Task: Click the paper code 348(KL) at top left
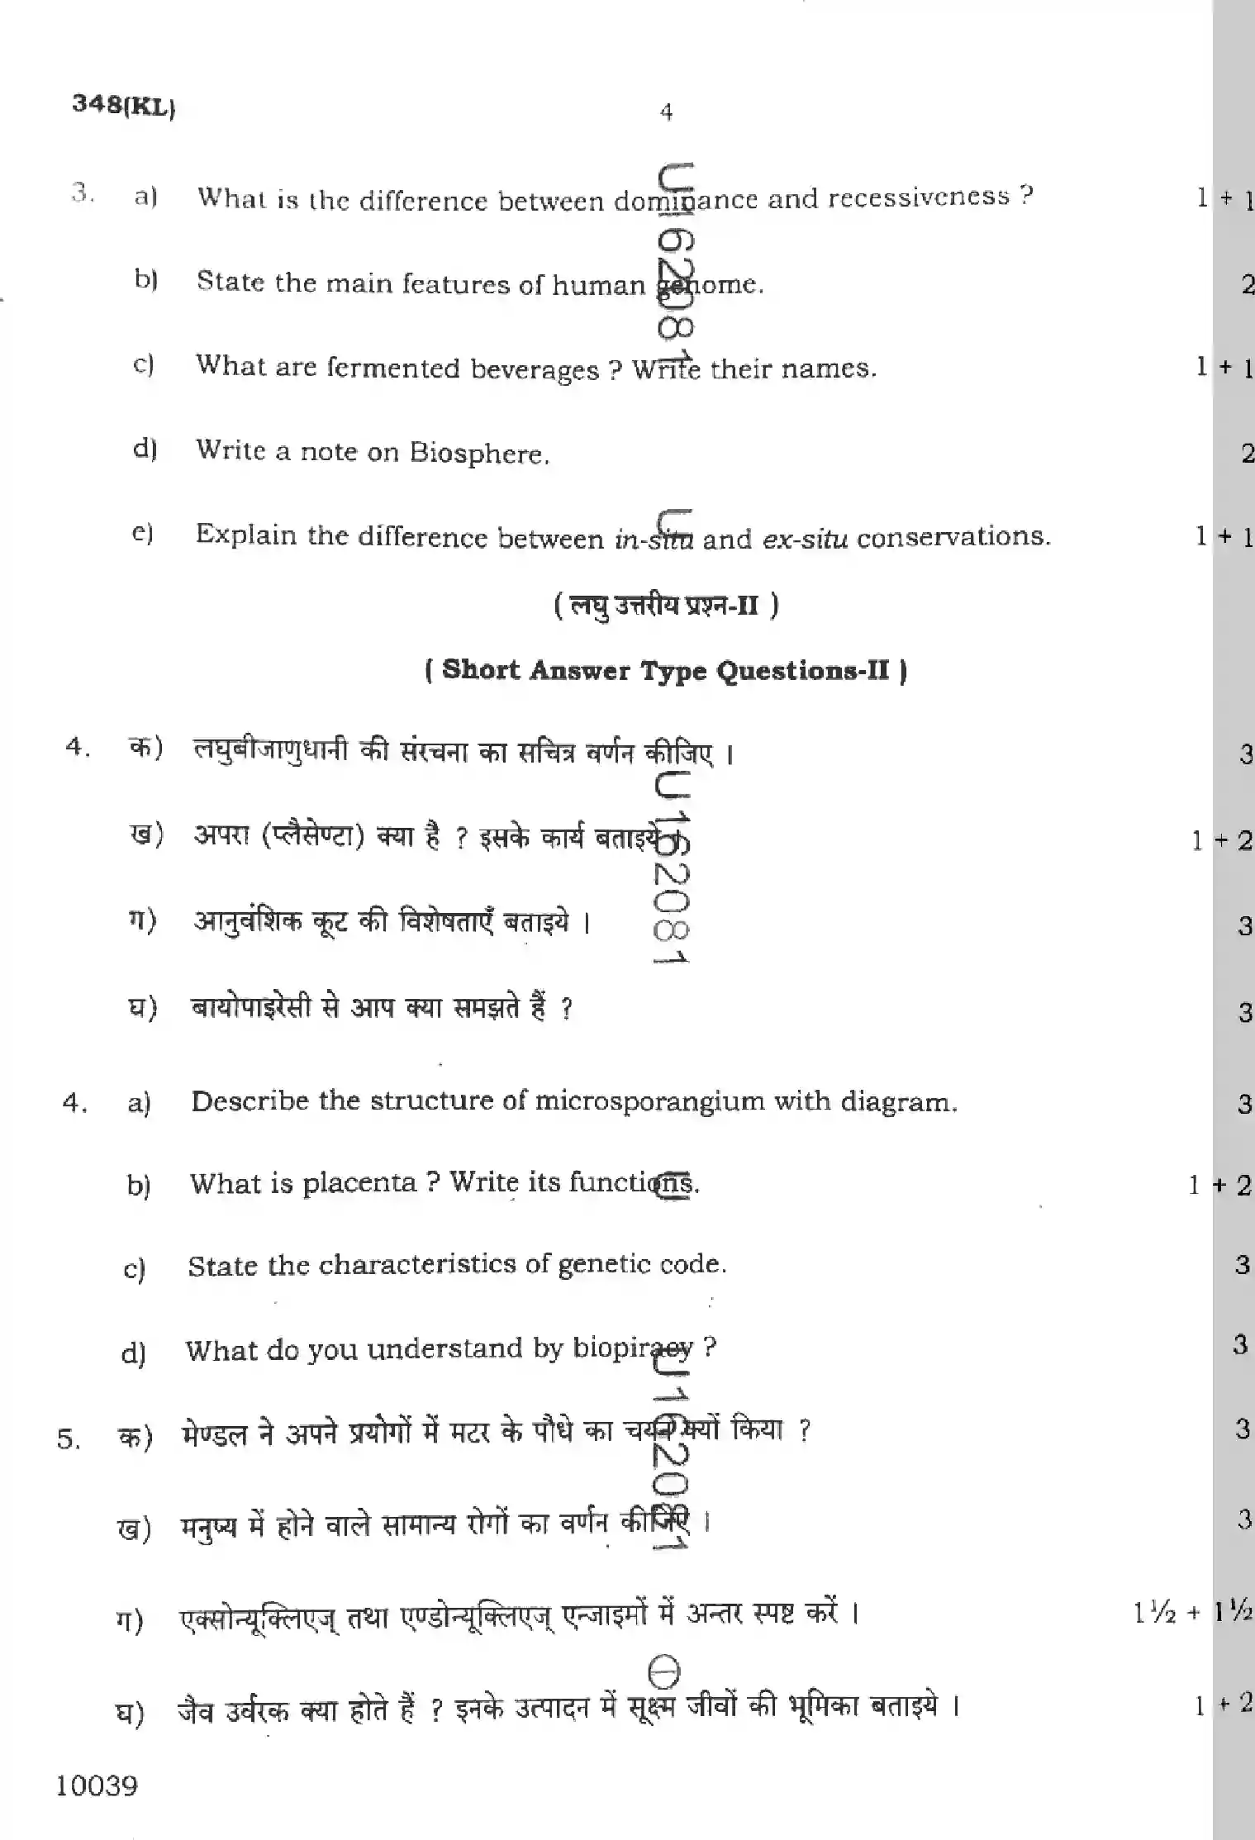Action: (x=123, y=106)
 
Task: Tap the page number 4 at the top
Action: (x=667, y=112)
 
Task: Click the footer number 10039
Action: (x=97, y=1785)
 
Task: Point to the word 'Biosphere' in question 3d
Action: (x=478, y=453)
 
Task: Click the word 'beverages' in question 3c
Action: (x=535, y=368)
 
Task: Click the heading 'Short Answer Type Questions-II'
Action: (x=666, y=670)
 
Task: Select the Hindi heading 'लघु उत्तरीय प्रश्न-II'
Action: (x=666, y=606)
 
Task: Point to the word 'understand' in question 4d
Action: (x=445, y=1348)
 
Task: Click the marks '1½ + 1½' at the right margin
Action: (x=1193, y=1611)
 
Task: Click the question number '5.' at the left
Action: (x=69, y=1439)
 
